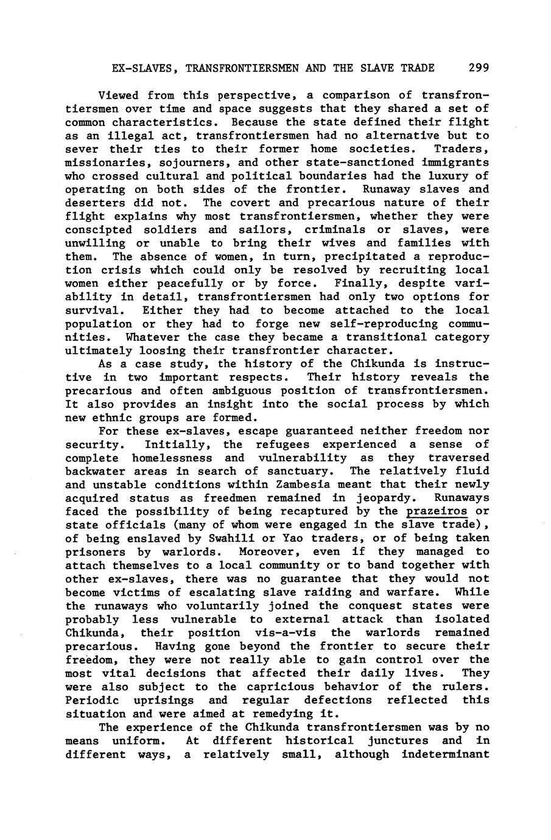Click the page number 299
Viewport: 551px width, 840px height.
point(479,68)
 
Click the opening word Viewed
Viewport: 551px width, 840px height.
point(118,96)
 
